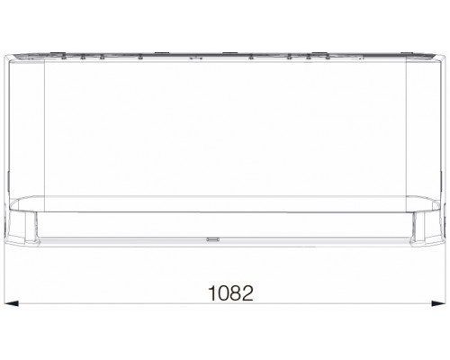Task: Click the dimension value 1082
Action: click(230, 293)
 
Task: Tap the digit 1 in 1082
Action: click(212, 293)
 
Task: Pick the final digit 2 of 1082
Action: click(247, 293)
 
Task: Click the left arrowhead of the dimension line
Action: click(12, 303)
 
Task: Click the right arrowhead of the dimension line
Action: click(438, 303)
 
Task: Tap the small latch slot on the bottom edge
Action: click(212, 239)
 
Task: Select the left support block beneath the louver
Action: click(31, 227)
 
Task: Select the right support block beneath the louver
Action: click(418, 227)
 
